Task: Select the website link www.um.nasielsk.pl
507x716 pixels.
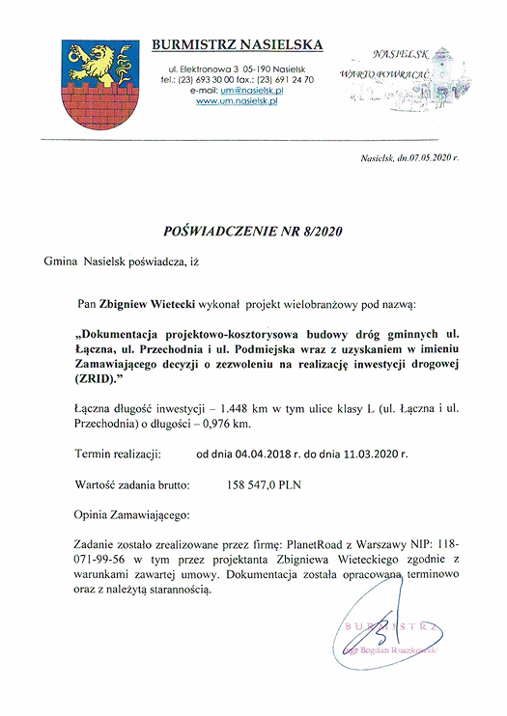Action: tap(237, 100)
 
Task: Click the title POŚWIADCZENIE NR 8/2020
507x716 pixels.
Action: tap(254, 232)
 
